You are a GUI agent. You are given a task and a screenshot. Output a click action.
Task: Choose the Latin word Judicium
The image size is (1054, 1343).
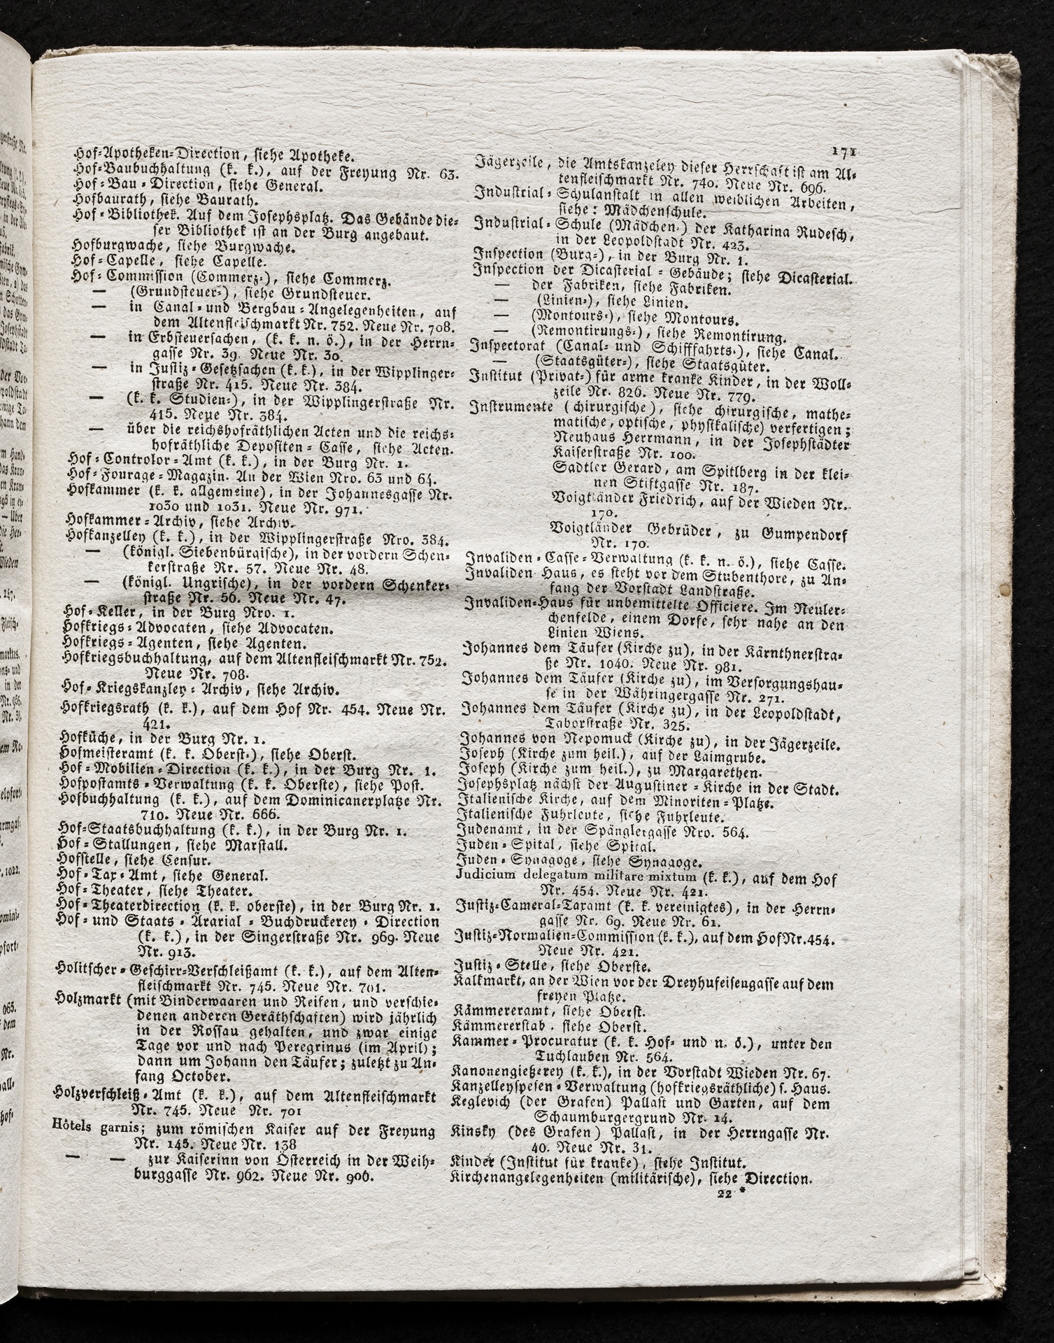click(480, 876)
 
